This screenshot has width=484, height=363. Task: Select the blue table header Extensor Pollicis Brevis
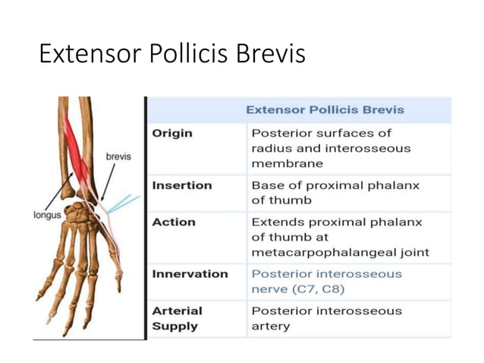(x=325, y=109)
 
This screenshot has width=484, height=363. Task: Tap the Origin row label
(x=172, y=134)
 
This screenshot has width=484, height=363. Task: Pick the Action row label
(x=174, y=223)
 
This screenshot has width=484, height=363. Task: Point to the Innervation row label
(x=190, y=273)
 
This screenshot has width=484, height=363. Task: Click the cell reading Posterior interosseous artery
(x=326, y=318)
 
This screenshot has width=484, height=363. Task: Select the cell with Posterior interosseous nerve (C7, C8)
(x=326, y=281)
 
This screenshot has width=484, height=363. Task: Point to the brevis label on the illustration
(x=118, y=157)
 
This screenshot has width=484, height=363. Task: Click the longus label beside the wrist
(x=47, y=215)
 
